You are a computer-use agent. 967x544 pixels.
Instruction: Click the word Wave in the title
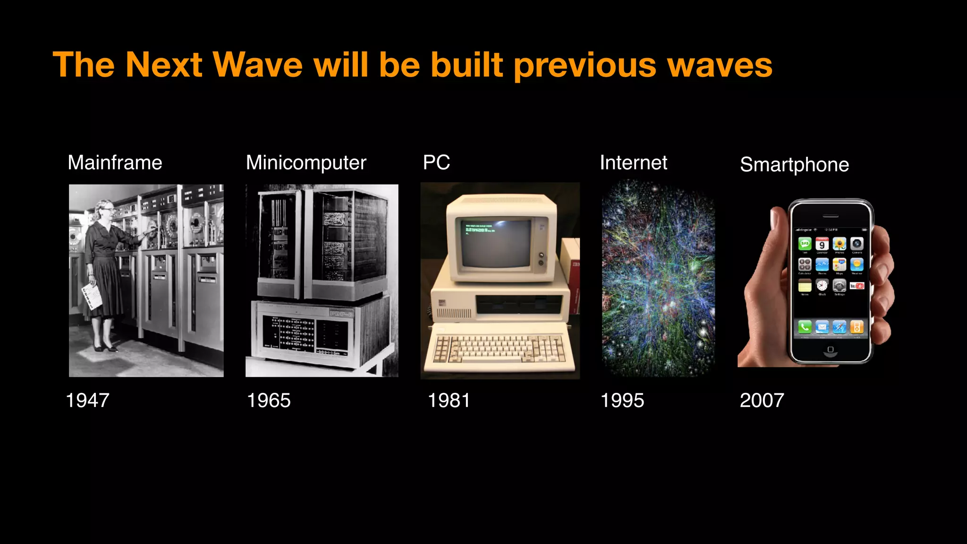[258, 65]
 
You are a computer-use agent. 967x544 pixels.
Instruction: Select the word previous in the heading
[585, 66]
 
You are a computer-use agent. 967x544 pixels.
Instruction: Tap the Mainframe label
[115, 162]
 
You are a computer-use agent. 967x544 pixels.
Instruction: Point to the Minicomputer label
[306, 163]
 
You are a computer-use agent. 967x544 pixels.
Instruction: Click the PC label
[436, 162]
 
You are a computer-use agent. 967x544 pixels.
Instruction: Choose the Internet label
[633, 162]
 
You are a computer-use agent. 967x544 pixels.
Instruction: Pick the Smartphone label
[794, 165]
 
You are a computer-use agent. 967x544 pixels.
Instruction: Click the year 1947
[88, 400]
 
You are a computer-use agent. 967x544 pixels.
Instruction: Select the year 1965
[269, 400]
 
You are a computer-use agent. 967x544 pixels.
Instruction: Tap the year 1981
[449, 400]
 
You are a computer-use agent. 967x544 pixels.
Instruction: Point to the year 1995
[622, 400]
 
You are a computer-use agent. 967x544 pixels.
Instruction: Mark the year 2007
[762, 400]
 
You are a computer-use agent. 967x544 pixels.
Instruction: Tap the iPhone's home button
[831, 349]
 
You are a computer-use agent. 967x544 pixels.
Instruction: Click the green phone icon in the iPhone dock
[805, 326]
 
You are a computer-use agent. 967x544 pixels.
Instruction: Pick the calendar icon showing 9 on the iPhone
[822, 244]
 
